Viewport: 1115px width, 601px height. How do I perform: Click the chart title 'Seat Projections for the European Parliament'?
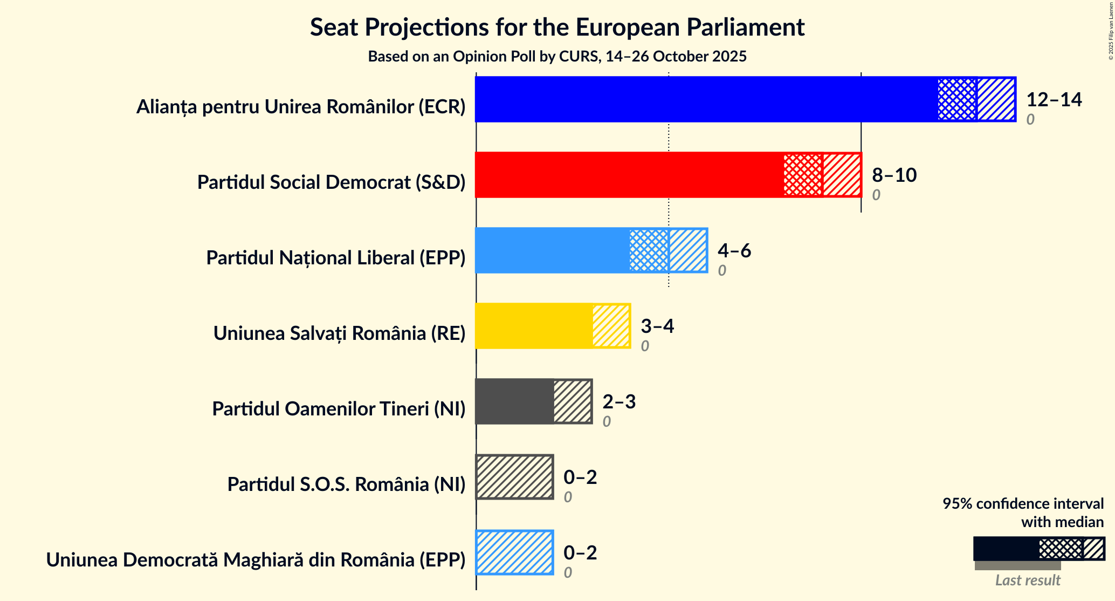tap(557, 28)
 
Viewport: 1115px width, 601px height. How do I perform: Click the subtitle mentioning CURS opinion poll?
tap(557, 57)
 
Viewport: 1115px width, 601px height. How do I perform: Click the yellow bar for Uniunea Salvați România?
tap(534, 326)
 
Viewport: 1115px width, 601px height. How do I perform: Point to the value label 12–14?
tap(1054, 99)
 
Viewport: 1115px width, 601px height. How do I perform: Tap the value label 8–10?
tap(894, 175)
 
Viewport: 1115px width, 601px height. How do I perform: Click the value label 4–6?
tap(734, 250)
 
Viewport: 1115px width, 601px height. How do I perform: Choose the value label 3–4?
tap(657, 326)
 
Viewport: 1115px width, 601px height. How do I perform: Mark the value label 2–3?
tap(618, 401)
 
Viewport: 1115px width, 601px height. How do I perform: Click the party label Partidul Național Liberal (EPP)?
tap(335, 258)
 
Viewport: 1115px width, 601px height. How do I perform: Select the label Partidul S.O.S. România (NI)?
tap(346, 484)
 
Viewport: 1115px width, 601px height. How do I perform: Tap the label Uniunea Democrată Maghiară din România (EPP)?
tap(256, 560)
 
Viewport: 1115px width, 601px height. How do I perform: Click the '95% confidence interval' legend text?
tap(1023, 504)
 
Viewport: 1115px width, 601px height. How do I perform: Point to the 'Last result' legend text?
tap(1027, 580)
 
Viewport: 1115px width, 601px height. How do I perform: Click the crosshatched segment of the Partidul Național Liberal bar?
tap(649, 250)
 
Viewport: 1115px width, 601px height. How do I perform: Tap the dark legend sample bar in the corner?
tap(1006, 549)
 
